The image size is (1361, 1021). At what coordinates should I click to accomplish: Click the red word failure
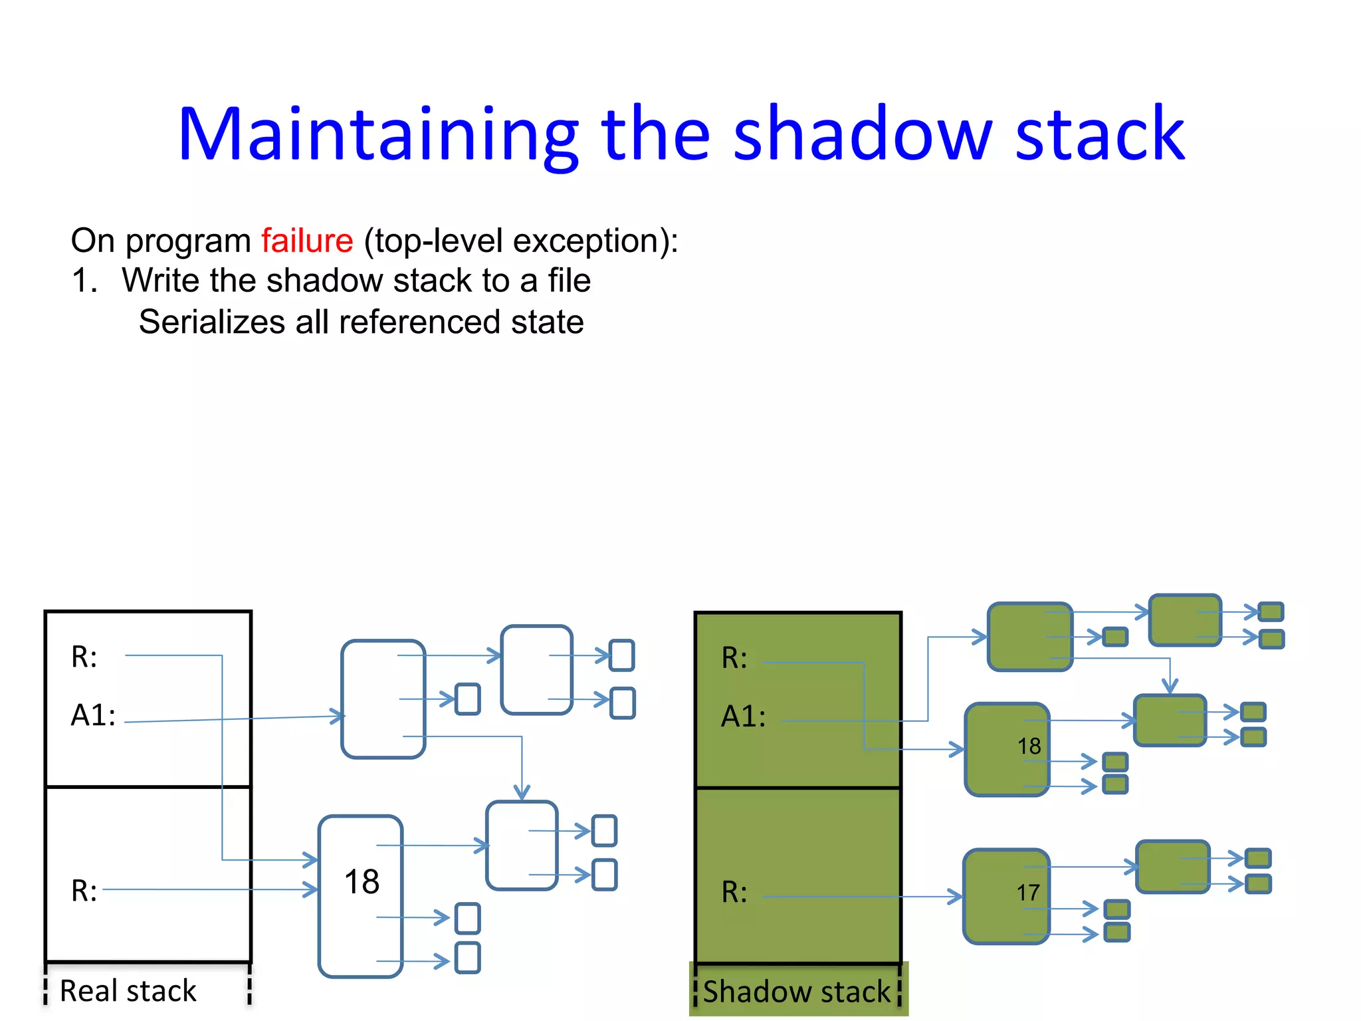(x=306, y=241)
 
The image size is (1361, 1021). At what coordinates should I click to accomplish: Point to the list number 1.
(x=84, y=281)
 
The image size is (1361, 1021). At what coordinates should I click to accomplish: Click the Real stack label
(x=128, y=990)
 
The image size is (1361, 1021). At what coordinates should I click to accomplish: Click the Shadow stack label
(x=796, y=991)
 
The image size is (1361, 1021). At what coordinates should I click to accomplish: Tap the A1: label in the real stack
(x=93, y=716)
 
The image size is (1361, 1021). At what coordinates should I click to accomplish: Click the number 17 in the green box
(x=1028, y=893)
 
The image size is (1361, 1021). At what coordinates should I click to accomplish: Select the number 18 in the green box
(x=1029, y=746)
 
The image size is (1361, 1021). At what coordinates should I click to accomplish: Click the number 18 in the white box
(x=362, y=882)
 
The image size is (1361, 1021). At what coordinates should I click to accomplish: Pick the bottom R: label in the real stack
(x=84, y=891)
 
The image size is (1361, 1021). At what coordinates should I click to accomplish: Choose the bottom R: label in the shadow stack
(x=734, y=893)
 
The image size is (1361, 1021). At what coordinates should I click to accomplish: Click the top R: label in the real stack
(x=84, y=657)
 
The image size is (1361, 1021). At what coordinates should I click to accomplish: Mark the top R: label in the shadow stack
(x=734, y=659)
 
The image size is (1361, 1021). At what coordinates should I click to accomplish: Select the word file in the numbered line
(x=569, y=281)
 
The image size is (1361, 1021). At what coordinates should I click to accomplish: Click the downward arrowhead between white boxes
(x=522, y=793)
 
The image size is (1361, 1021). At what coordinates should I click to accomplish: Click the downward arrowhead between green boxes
(x=1170, y=687)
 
